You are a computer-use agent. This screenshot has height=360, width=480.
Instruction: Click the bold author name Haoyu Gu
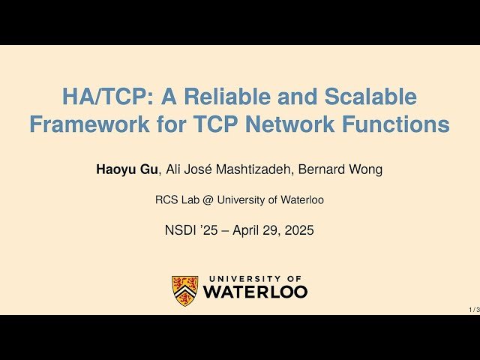(x=127, y=169)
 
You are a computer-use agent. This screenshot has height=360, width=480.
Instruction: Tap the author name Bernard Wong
(x=340, y=169)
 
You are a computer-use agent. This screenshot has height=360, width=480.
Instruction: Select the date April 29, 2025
(x=273, y=230)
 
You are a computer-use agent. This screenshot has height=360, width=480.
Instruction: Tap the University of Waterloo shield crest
(x=185, y=290)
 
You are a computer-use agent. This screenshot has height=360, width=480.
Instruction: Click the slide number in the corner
(x=474, y=309)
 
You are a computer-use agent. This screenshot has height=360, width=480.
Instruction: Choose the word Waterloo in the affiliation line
(x=300, y=200)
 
